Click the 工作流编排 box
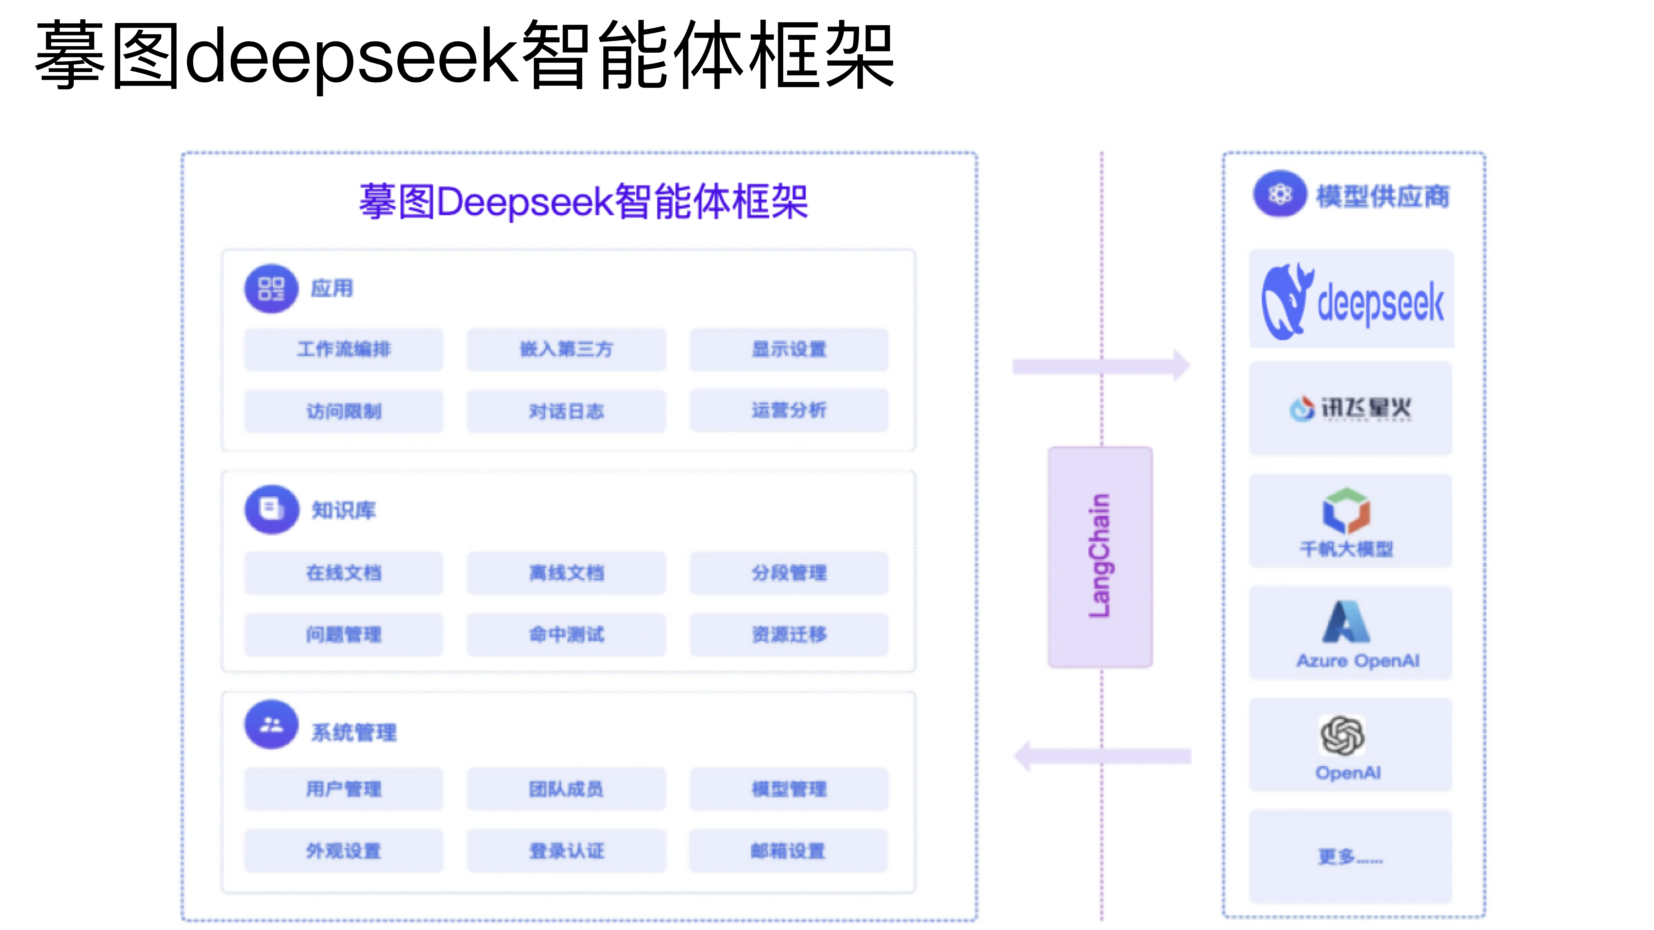click(x=343, y=349)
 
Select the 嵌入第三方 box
click(x=566, y=349)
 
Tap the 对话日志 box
click(x=566, y=411)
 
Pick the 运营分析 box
click(x=789, y=410)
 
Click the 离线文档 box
click(x=566, y=573)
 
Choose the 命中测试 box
click(x=566, y=634)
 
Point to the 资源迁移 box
click(x=789, y=634)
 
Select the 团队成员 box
click(x=566, y=789)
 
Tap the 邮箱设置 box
click(x=789, y=851)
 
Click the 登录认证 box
click(x=566, y=851)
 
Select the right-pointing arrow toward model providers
click(x=1101, y=366)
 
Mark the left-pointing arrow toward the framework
click(x=1101, y=756)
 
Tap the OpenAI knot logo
click(x=1342, y=735)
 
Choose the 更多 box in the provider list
click(x=1350, y=856)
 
